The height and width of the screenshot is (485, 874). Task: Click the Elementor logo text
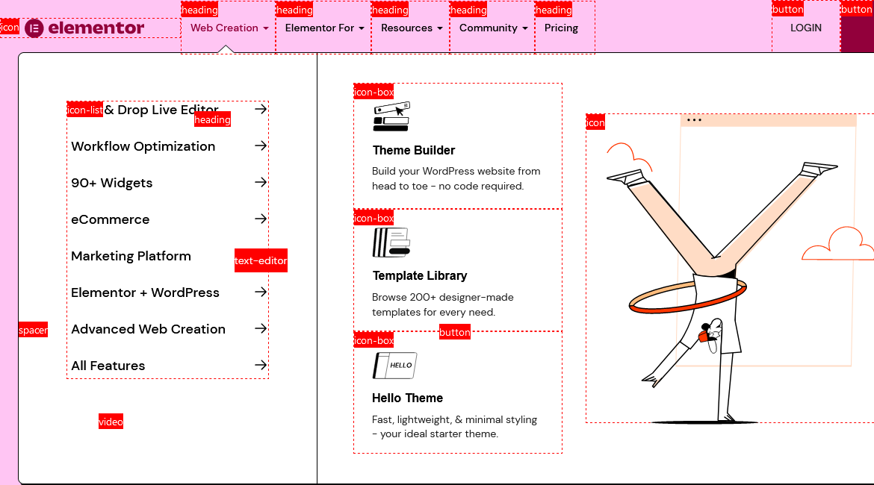pyautogui.click(x=96, y=28)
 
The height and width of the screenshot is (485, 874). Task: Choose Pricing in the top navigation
pyautogui.click(x=561, y=28)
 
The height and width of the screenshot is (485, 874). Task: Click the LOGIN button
pyautogui.click(x=805, y=28)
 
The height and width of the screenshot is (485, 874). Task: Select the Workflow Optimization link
pyautogui.click(x=143, y=146)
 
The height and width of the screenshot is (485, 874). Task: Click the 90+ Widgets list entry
pyautogui.click(x=111, y=183)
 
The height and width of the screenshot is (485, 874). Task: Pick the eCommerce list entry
pyautogui.click(x=110, y=219)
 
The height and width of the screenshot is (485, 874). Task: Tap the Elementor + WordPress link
pyautogui.click(x=145, y=292)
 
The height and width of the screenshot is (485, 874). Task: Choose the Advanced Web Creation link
pyautogui.click(x=148, y=329)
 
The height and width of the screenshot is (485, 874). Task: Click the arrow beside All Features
pyautogui.click(x=260, y=365)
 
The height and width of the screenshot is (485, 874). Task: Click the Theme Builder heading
pyautogui.click(x=413, y=151)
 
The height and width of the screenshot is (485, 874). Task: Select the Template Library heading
pyautogui.click(x=419, y=276)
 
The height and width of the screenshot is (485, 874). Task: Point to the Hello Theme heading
pyautogui.click(x=407, y=398)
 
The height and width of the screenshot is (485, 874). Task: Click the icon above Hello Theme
pyautogui.click(x=394, y=366)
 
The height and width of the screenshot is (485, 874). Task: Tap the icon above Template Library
pyautogui.click(x=391, y=243)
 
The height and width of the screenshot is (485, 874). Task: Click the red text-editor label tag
pyautogui.click(x=261, y=261)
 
